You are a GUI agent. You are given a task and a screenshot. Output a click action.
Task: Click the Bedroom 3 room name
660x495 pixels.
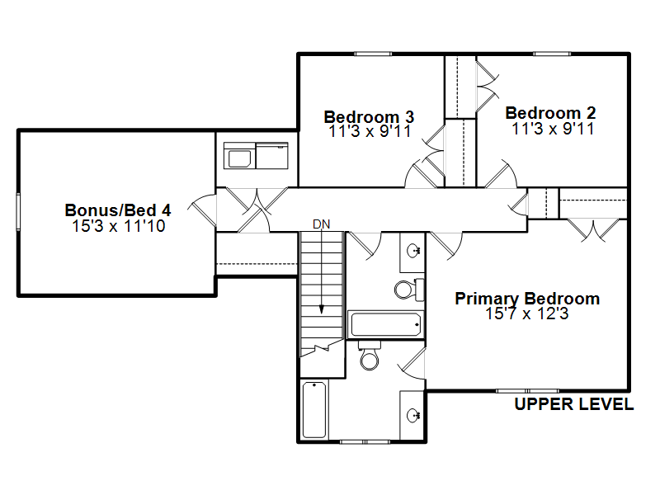point(369,116)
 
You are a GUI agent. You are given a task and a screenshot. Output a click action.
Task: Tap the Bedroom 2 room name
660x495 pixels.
point(550,113)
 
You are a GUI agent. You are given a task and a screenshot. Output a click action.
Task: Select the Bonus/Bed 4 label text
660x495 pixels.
point(118,210)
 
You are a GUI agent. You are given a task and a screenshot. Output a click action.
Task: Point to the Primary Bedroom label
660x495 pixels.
point(527,299)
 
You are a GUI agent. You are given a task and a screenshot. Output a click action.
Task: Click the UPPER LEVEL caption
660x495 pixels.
point(574,404)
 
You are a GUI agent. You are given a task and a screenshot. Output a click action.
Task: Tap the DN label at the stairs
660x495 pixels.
point(321,224)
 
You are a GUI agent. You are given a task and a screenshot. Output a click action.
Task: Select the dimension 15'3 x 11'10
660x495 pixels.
point(118,226)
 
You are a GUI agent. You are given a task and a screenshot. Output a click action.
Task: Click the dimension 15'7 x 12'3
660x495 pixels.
point(527,313)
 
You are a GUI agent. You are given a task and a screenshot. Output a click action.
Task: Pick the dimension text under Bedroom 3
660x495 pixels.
point(370,131)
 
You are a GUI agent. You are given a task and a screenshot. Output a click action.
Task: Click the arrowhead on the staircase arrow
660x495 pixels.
point(322,309)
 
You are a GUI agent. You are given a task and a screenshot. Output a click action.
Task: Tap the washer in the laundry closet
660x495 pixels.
point(239,156)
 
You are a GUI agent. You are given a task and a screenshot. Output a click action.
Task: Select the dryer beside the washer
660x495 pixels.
point(272,156)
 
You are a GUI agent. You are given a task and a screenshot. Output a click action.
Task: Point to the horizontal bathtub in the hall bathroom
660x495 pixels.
point(385,324)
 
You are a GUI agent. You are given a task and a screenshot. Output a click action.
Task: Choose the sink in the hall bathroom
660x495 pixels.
point(413,252)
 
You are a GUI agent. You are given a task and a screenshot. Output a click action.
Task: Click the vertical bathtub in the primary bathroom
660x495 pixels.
point(315,409)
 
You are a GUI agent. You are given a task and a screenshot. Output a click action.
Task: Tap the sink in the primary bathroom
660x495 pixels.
point(413,416)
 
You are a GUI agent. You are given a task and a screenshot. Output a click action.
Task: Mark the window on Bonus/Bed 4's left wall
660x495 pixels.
point(18,211)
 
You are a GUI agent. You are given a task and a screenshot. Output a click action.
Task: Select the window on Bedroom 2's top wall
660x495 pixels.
point(552,54)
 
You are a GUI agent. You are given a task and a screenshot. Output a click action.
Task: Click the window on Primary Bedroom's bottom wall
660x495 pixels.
point(527,391)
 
